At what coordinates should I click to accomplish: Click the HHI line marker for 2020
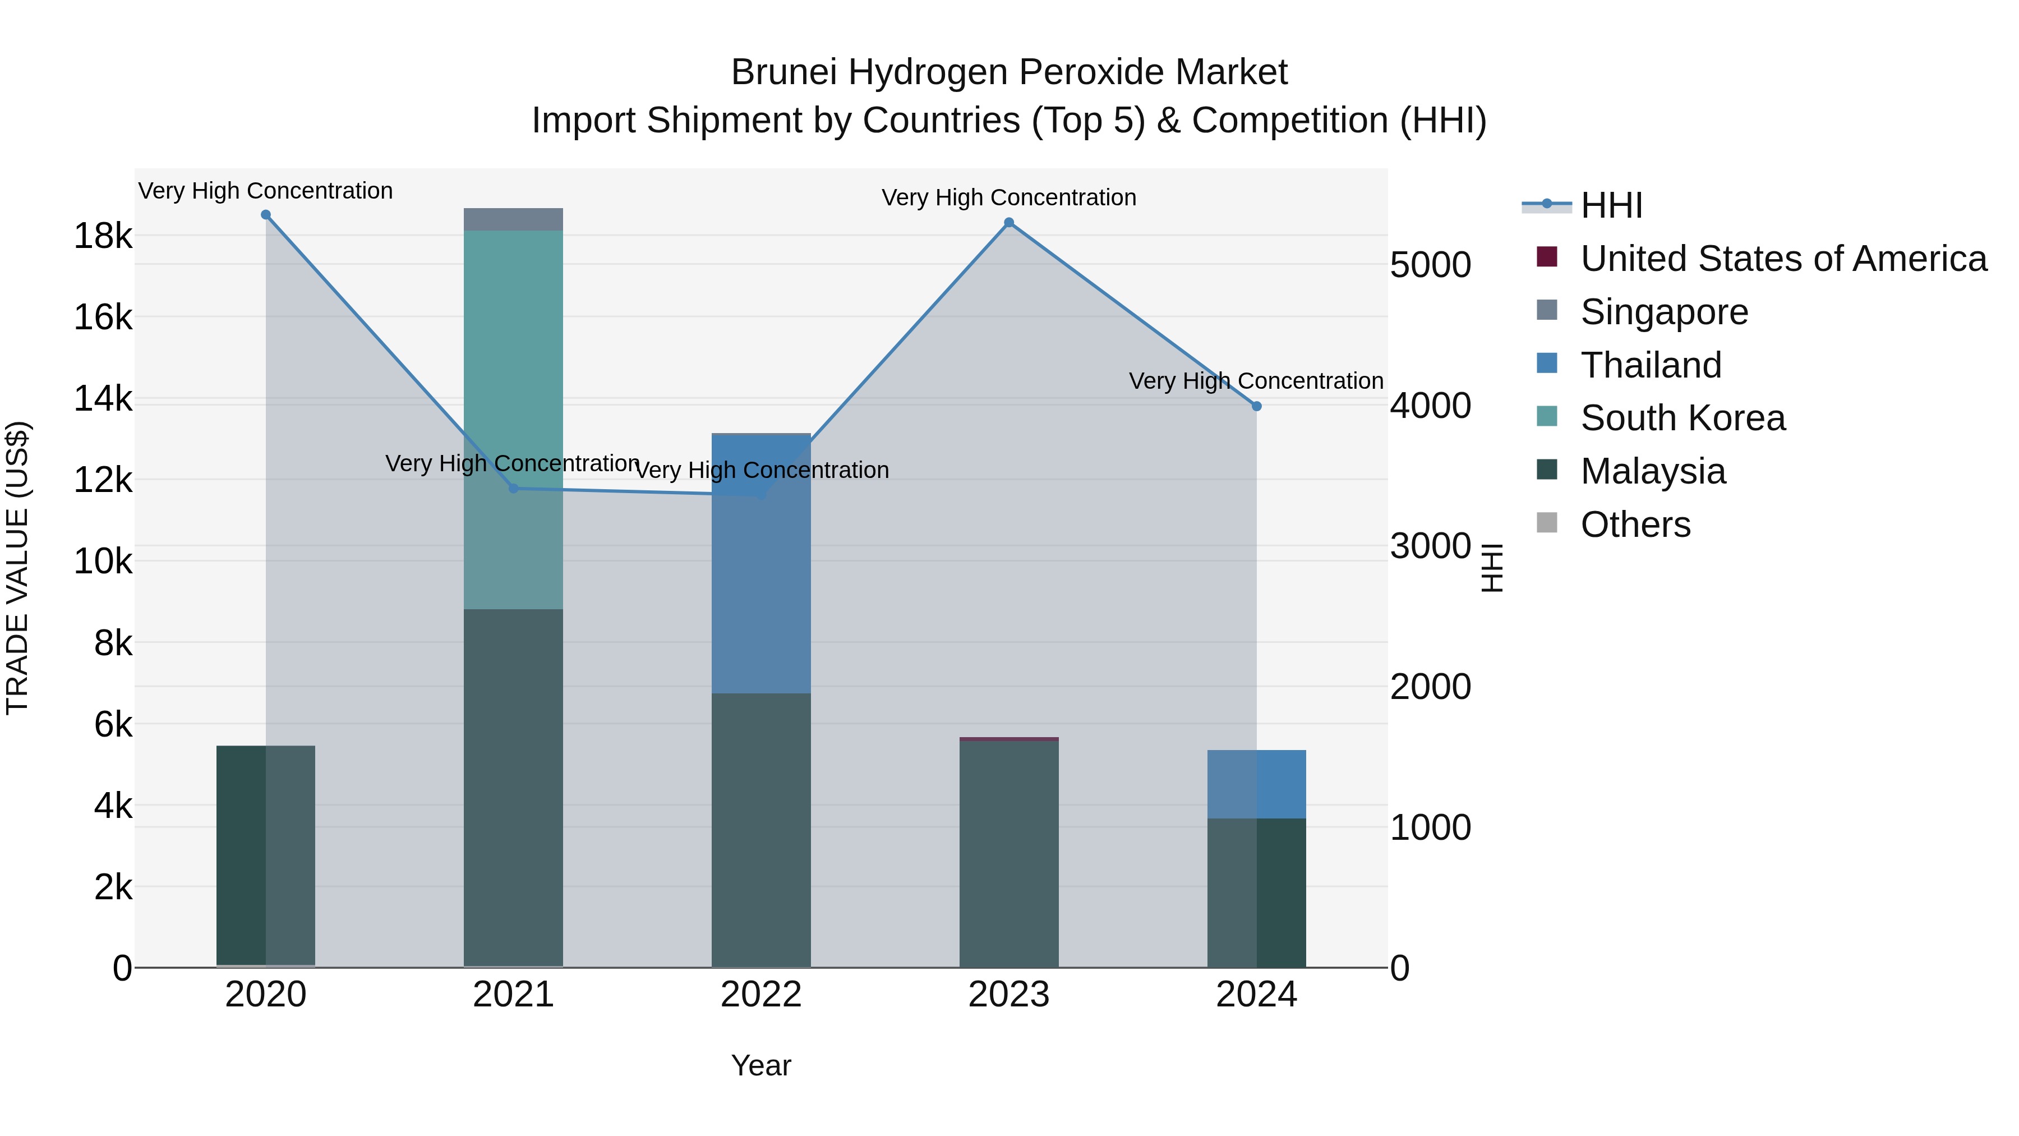tap(266, 215)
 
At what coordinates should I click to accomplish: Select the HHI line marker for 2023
tap(1009, 223)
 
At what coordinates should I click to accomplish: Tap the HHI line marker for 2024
tap(1256, 406)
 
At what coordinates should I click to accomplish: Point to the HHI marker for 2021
tap(513, 489)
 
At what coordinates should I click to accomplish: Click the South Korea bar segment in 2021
tap(513, 353)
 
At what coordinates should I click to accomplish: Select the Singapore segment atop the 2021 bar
tap(513, 219)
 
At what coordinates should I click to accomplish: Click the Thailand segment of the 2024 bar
tap(1256, 784)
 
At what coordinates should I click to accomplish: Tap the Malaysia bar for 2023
tap(1009, 854)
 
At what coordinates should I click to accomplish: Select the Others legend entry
tap(1635, 525)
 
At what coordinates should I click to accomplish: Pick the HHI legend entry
tap(1611, 205)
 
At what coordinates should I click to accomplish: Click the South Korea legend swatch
tap(1547, 416)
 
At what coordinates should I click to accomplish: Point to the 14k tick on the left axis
tap(103, 399)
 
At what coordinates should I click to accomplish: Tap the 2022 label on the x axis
tap(761, 995)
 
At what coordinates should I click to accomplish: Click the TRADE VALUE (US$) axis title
tap(18, 568)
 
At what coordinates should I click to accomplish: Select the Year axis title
tap(761, 1065)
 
